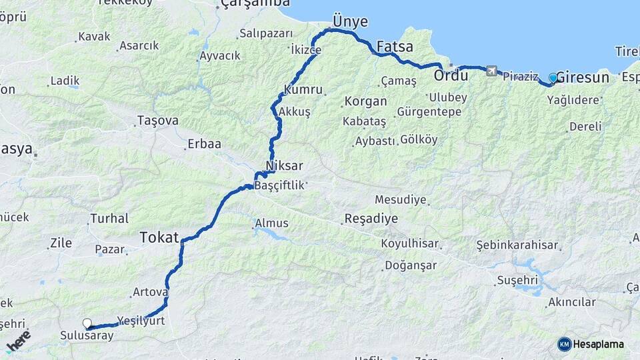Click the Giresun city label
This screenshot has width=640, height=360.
[x=583, y=77]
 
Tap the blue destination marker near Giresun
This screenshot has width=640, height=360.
[x=553, y=78]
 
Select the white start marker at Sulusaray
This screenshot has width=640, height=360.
[x=87, y=323]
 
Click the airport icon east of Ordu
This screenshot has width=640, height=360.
[x=491, y=71]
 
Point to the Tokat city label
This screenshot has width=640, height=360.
[x=159, y=237]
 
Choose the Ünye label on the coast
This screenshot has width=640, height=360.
[x=350, y=21]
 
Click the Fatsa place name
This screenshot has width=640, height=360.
[x=395, y=47]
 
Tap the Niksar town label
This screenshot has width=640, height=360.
[x=284, y=165]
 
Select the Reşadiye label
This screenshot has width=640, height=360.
[x=371, y=219]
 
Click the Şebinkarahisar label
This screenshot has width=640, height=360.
[x=517, y=245]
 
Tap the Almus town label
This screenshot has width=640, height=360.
[x=271, y=223]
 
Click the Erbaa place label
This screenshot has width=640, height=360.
[x=204, y=143]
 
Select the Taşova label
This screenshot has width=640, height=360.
[x=157, y=121]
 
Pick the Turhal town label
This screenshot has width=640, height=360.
[x=109, y=218]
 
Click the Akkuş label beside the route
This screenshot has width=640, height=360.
[x=295, y=112]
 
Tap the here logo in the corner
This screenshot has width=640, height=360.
[x=18, y=341]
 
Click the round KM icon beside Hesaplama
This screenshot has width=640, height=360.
[x=564, y=344]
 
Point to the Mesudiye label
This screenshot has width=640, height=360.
[x=400, y=199]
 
